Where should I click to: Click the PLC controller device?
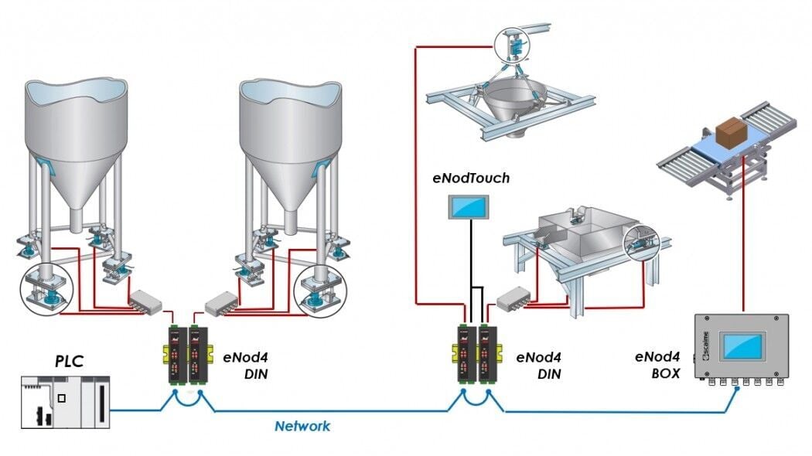[x=65, y=402]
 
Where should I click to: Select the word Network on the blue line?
[x=302, y=426]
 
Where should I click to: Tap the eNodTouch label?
[x=471, y=179]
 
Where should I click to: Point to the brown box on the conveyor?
[x=732, y=132]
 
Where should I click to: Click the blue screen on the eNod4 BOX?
[x=742, y=345]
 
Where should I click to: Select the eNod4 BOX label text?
[x=657, y=365]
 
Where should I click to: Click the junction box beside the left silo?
[x=146, y=301]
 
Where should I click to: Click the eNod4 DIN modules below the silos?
[x=186, y=355]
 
